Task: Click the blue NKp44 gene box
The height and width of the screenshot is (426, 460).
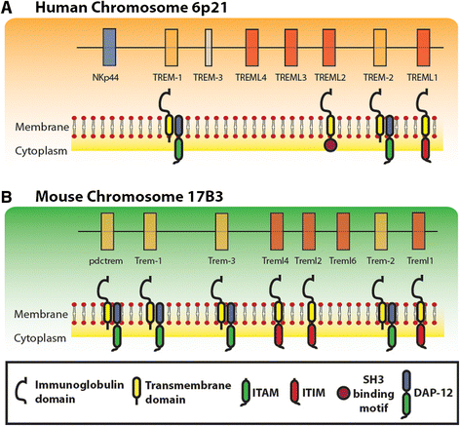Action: click(109, 48)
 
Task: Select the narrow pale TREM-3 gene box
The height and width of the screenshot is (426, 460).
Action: click(209, 48)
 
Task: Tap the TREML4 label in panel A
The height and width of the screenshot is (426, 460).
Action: click(250, 78)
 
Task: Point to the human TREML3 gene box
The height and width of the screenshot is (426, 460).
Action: click(291, 48)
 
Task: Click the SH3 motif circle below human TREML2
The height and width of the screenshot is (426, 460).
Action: click(330, 145)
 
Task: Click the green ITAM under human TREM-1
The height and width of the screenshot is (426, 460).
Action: click(178, 150)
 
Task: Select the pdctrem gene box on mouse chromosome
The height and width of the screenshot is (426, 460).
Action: click(107, 231)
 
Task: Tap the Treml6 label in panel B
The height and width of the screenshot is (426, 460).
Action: click(343, 261)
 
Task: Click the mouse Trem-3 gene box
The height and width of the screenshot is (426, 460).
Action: click(221, 231)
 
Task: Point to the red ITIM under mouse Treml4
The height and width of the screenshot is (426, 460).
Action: click(279, 336)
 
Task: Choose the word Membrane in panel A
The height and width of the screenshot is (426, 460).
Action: click(42, 127)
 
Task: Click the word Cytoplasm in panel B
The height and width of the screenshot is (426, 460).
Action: click(40, 338)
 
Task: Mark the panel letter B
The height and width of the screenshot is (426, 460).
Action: click(7, 197)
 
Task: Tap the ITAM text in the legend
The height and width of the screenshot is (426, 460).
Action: click(266, 393)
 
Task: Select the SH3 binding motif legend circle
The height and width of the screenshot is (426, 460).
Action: click(343, 393)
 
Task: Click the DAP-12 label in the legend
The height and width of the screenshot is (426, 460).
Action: click(434, 393)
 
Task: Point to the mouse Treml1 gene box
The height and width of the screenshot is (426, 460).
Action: click(418, 231)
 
